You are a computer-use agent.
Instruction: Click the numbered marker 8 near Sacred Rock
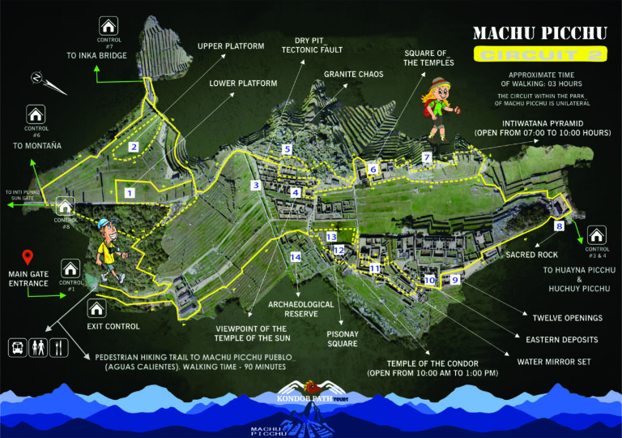(560, 226)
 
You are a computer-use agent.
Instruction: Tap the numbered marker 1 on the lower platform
(129, 192)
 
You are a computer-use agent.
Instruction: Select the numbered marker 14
(295, 257)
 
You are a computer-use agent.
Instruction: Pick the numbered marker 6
(373, 170)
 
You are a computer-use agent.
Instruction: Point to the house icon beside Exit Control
(96, 309)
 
